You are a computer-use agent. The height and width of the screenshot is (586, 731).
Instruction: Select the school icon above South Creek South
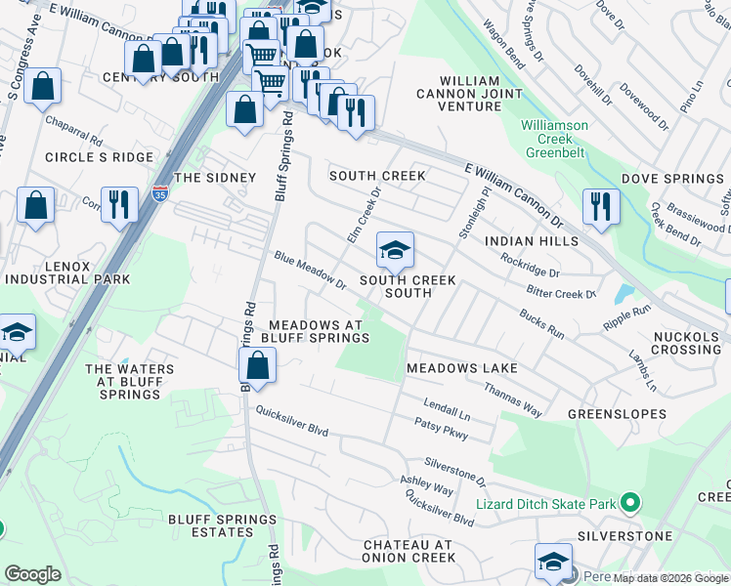click(x=394, y=251)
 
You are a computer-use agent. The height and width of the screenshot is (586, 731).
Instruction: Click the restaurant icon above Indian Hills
click(x=599, y=206)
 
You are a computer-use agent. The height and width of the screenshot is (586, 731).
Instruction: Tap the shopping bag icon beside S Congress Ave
click(x=43, y=86)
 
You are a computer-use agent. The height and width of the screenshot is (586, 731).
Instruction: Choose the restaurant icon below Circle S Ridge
click(x=120, y=205)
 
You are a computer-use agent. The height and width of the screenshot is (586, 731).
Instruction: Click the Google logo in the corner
click(x=32, y=574)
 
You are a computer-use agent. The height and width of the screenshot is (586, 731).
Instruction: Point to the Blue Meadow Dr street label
click(x=311, y=271)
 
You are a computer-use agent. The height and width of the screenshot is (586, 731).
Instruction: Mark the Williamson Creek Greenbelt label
click(x=555, y=139)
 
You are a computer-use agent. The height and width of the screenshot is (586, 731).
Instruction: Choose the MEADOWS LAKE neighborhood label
click(x=461, y=367)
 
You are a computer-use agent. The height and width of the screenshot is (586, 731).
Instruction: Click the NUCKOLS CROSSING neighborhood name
click(x=685, y=342)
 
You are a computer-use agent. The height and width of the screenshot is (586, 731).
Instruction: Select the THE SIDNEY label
click(x=214, y=178)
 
